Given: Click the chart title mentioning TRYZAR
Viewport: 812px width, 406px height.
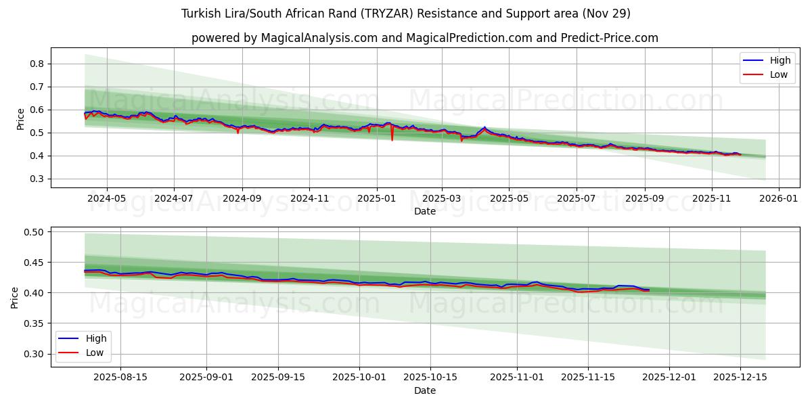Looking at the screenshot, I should click(x=406, y=14).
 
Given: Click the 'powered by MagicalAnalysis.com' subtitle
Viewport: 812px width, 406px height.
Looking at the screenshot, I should click(x=424, y=38).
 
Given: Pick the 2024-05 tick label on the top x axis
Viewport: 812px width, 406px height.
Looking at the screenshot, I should click(x=107, y=199).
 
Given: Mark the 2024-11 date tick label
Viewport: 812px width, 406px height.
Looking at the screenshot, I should click(x=309, y=199).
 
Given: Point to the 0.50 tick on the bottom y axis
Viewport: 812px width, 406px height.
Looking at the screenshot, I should click(x=33, y=232).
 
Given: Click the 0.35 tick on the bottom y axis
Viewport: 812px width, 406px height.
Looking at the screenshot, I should click(x=33, y=323).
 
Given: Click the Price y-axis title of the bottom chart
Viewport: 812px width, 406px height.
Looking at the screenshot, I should click(x=15, y=297).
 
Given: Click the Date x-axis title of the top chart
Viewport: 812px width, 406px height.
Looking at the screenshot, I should click(x=424, y=211).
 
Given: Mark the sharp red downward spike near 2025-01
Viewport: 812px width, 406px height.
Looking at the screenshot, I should click(x=392, y=139).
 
